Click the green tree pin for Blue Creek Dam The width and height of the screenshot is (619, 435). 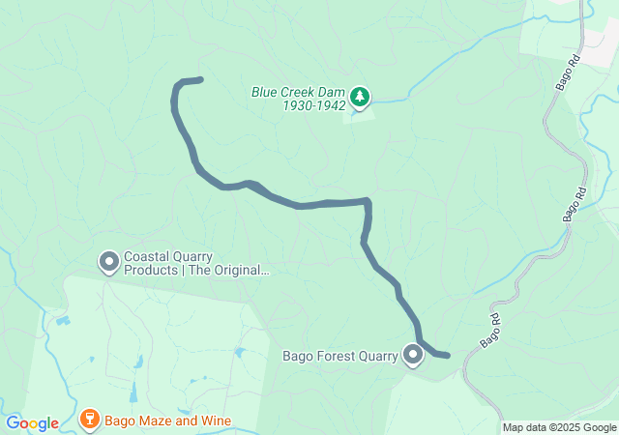tap(360, 96)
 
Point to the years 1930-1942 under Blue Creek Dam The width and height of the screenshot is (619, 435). tap(315, 105)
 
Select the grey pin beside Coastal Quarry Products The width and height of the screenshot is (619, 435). tap(108, 261)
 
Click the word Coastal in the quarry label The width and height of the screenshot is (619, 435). tap(148, 257)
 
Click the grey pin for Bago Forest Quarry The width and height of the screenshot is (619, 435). tap(414, 355)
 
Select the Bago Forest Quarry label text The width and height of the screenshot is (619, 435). tap(339, 356)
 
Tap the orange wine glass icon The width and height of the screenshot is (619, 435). tap(89, 420)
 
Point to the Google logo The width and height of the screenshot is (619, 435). tap(32, 423)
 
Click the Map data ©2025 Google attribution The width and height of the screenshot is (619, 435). tap(559, 428)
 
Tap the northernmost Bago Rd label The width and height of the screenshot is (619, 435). tap(568, 72)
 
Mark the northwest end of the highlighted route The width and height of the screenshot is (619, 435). tap(200, 79)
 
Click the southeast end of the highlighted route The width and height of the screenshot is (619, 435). tap(447, 356)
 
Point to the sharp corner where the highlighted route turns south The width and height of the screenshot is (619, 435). tap(368, 201)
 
